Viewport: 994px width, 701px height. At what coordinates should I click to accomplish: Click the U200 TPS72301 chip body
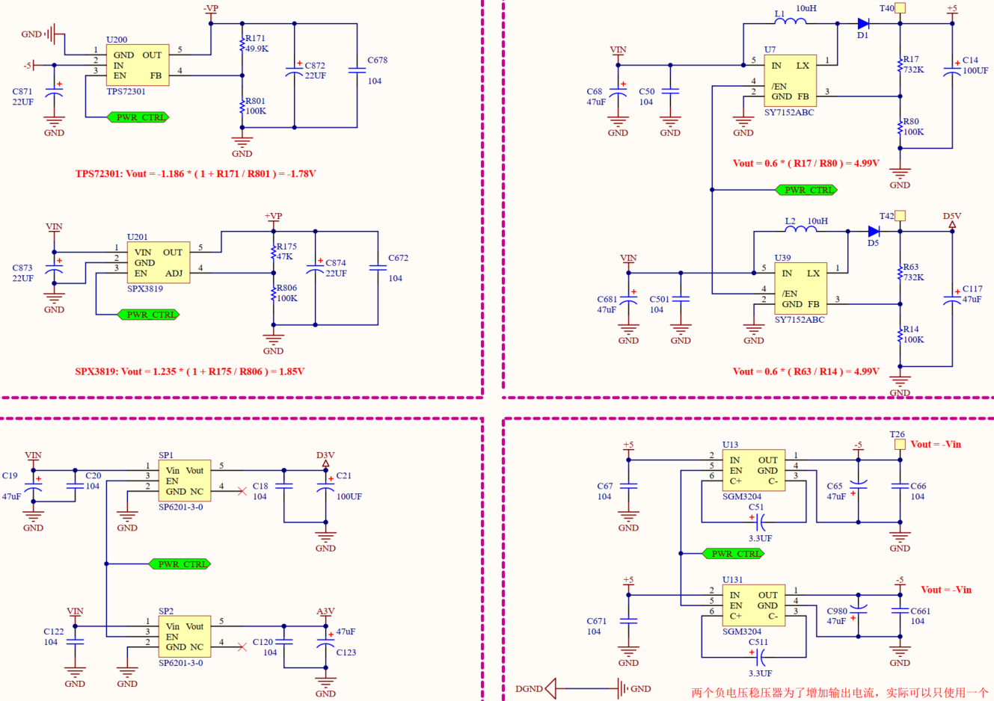click(138, 65)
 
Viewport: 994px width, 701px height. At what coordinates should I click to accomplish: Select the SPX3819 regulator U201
click(158, 262)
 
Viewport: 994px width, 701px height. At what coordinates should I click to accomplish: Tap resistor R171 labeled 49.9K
click(242, 44)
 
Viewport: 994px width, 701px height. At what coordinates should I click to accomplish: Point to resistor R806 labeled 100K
click(274, 294)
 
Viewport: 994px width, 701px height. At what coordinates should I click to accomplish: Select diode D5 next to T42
click(874, 232)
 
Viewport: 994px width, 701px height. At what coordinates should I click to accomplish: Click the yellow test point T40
click(901, 8)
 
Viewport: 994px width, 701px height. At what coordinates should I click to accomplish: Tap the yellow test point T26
click(900, 444)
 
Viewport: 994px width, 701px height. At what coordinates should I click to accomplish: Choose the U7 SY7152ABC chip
click(790, 81)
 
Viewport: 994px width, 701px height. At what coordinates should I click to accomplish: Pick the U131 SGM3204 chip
click(753, 605)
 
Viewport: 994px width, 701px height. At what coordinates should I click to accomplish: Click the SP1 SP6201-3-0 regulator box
click(184, 481)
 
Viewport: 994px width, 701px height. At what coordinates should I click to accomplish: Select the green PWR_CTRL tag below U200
click(138, 117)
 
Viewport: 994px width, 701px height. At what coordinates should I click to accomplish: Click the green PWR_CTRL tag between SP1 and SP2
click(180, 563)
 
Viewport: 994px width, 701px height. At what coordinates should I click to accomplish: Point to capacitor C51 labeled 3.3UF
click(760, 521)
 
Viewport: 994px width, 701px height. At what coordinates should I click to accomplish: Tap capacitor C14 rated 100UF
click(952, 71)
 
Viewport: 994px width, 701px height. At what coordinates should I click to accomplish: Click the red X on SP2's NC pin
click(242, 646)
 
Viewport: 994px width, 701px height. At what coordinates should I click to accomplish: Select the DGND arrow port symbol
click(550, 688)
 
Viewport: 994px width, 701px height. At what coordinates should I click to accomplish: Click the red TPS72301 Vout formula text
click(195, 173)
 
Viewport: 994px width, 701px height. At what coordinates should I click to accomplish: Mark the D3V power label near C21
click(325, 456)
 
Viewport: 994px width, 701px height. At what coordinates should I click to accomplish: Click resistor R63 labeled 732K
click(901, 273)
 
